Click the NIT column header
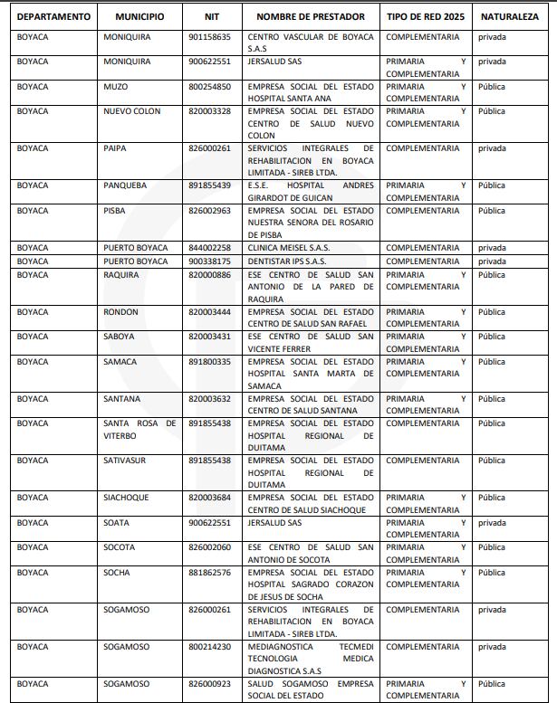coord(213,16)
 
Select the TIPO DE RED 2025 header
coord(424,16)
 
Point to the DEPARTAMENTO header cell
coord(53,16)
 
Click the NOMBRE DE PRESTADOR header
coord(311,16)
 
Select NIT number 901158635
coord(210,37)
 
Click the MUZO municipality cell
coord(116,87)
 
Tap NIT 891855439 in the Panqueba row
coord(210,185)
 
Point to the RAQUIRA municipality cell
coord(121,275)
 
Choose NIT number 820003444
coord(210,312)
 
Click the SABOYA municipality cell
coord(120,337)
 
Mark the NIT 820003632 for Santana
coord(210,399)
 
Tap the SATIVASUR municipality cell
coord(125,461)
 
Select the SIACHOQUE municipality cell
coord(127,498)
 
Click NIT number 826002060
coord(210,547)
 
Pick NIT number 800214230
coord(210,647)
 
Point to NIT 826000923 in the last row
coord(210,684)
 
